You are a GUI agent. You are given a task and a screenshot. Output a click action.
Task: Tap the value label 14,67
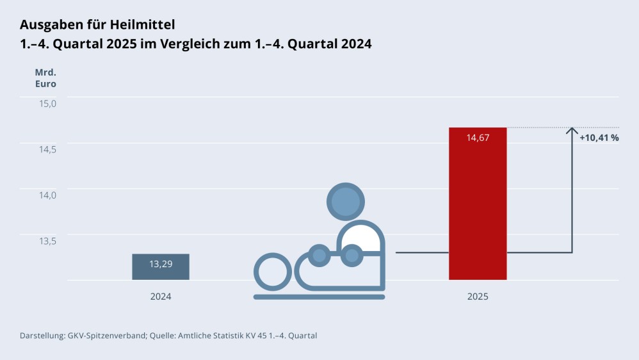point(478,138)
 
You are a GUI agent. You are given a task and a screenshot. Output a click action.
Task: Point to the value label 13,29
point(161,263)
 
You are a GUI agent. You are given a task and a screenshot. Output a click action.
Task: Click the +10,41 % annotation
point(599,138)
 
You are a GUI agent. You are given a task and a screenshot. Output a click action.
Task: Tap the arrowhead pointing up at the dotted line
point(572,131)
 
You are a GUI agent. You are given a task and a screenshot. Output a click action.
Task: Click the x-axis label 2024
point(161,297)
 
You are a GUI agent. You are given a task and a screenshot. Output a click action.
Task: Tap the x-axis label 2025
point(478,297)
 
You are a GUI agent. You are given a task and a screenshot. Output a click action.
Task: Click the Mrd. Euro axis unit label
point(45,78)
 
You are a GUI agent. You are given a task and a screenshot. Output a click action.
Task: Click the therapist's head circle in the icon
point(346,201)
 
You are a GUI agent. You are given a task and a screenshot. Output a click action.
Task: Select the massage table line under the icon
point(319,297)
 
